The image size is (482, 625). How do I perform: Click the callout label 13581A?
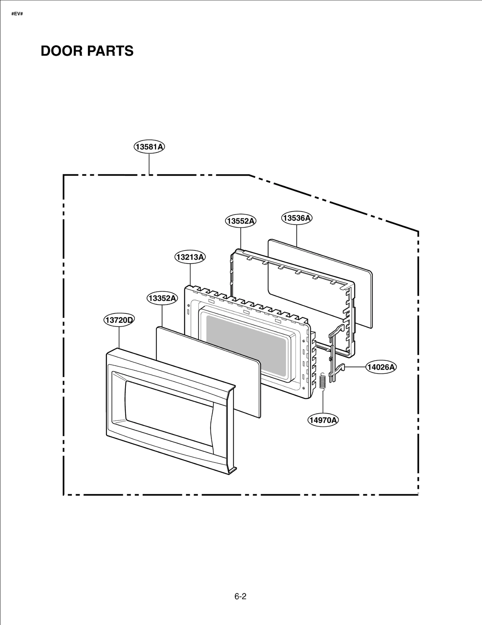coord(149,147)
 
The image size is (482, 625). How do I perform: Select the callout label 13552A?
coord(240,221)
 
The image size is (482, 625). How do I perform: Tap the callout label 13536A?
coord(297,218)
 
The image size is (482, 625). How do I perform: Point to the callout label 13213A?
coord(190,257)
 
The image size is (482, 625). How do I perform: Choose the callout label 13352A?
coord(162,298)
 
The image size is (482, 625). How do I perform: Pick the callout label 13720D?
coord(119,320)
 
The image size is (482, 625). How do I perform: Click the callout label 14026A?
coord(381,367)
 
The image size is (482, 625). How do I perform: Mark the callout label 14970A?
coord(323,420)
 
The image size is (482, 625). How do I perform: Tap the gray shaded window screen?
coord(246,345)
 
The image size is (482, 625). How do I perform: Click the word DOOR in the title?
coord(62,51)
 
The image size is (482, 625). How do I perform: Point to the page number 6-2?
coord(240,596)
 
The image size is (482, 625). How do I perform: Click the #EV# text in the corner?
coord(17,14)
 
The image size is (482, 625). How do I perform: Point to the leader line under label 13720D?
coord(119,338)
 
